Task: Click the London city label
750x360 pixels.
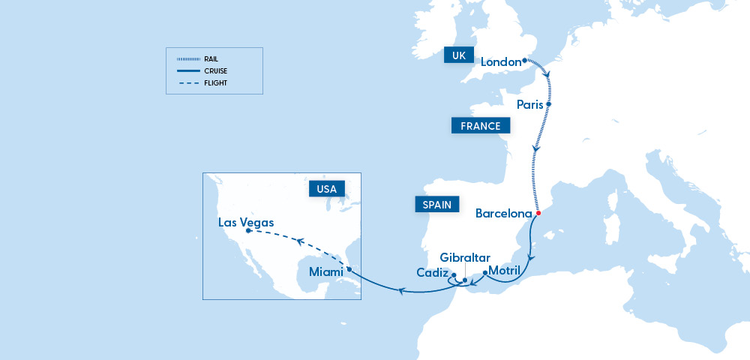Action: pos(500,62)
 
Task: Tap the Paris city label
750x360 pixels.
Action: pos(530,104)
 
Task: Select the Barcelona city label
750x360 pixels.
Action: pos(503,213)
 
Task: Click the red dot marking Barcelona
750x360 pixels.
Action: pos(538,213)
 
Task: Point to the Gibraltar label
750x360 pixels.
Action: pos(465,258)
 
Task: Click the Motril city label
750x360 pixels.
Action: pos(504,270)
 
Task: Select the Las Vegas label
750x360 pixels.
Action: pos(246,223)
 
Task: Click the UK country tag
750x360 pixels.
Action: pos(458,56)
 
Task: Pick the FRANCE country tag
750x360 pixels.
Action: pos(481,126)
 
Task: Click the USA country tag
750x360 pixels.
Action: pos(326,189)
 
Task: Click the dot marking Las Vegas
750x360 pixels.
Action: pos(248,231)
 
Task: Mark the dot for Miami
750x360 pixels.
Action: pos(349,269)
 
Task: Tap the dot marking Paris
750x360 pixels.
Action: pos(549,104)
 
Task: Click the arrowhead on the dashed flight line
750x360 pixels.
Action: pos(298,241)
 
